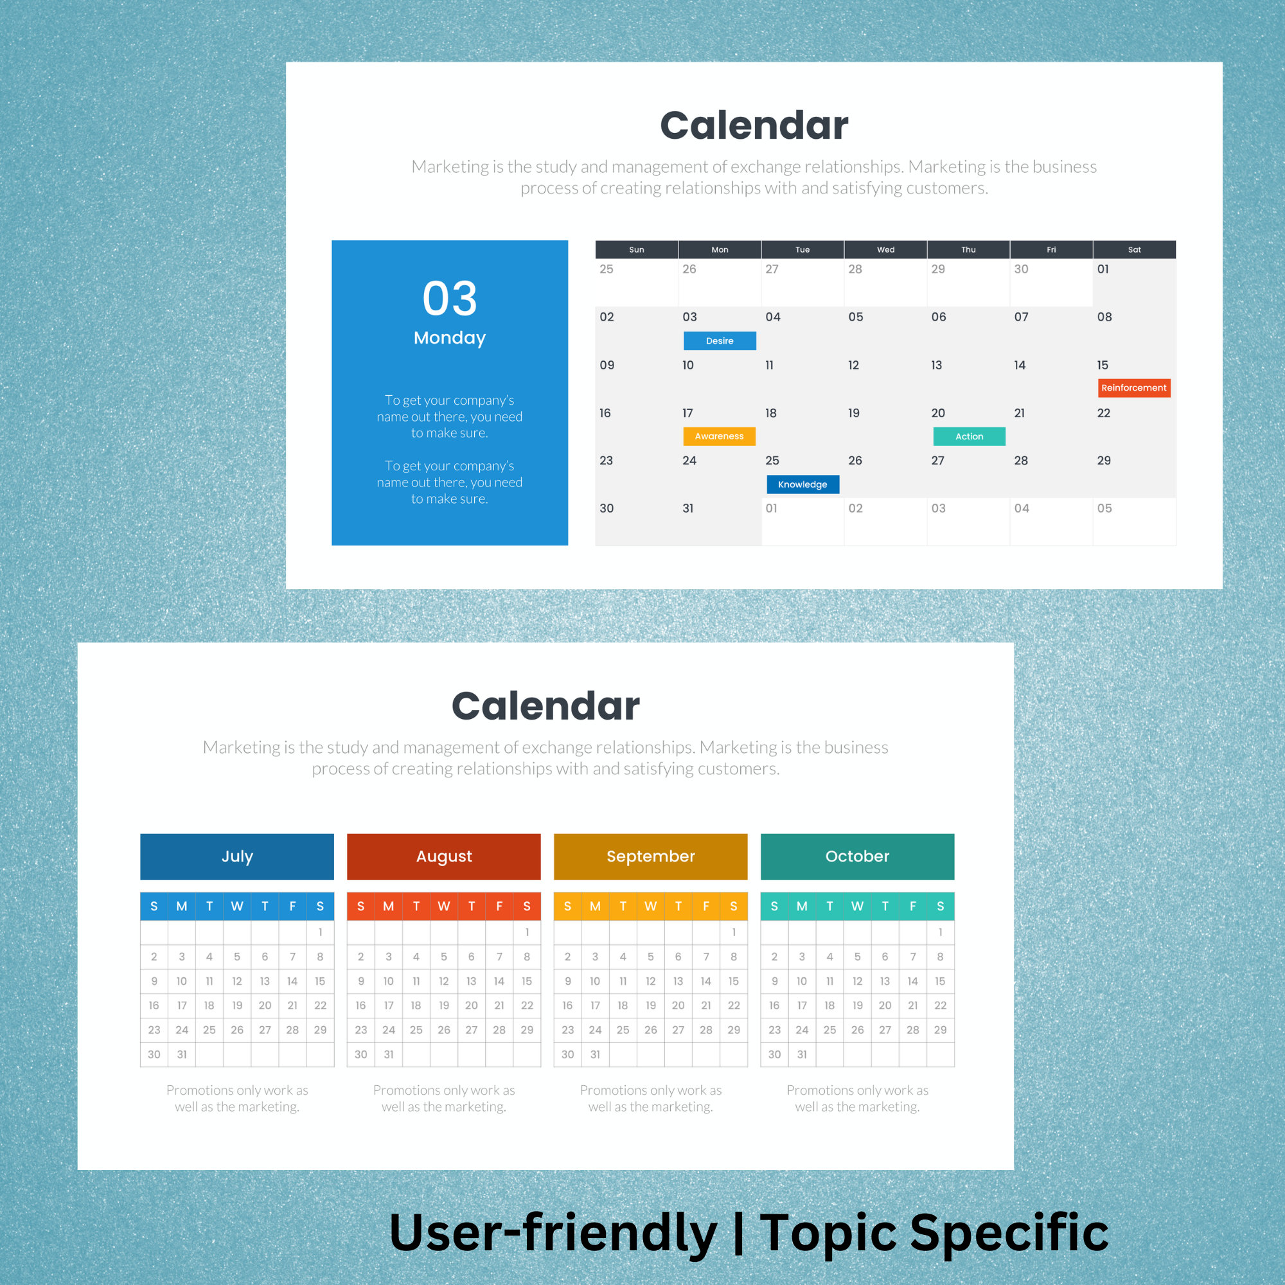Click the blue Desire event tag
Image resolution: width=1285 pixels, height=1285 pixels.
tap(720, 341)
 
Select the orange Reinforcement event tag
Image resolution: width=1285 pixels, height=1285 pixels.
tap(1133, 388)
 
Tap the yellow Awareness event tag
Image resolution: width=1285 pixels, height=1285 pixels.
tap(719, 436)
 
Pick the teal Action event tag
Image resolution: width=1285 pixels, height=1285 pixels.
tap(969, 436)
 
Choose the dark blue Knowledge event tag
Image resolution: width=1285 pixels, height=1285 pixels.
tap(802, 484)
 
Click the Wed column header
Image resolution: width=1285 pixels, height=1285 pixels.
tap(885, 249)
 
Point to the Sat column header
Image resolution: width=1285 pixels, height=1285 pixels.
tap(1134, 249)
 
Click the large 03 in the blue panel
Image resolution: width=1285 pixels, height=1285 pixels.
tap(450, 299)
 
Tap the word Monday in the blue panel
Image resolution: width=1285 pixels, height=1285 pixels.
tap(450, 338)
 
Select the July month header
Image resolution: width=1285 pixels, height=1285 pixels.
tap(237, 856)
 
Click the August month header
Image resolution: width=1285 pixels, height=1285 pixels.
tap(443, 856)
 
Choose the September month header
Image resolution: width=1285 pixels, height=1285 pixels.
tap(650, 856)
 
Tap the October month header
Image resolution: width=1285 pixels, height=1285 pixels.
tap(857, 856)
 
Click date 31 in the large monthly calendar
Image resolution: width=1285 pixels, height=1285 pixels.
tap(687, 508)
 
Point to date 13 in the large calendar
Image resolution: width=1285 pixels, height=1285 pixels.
tap(937, 365)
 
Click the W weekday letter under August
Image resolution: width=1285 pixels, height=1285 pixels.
tap(443, 906)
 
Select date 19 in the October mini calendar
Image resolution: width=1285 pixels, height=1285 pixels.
tap(857, 1005)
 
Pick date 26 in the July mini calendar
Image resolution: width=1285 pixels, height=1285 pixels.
tap(237, 1029)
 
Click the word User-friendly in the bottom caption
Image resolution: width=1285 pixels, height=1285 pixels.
tap(553, 1232)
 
